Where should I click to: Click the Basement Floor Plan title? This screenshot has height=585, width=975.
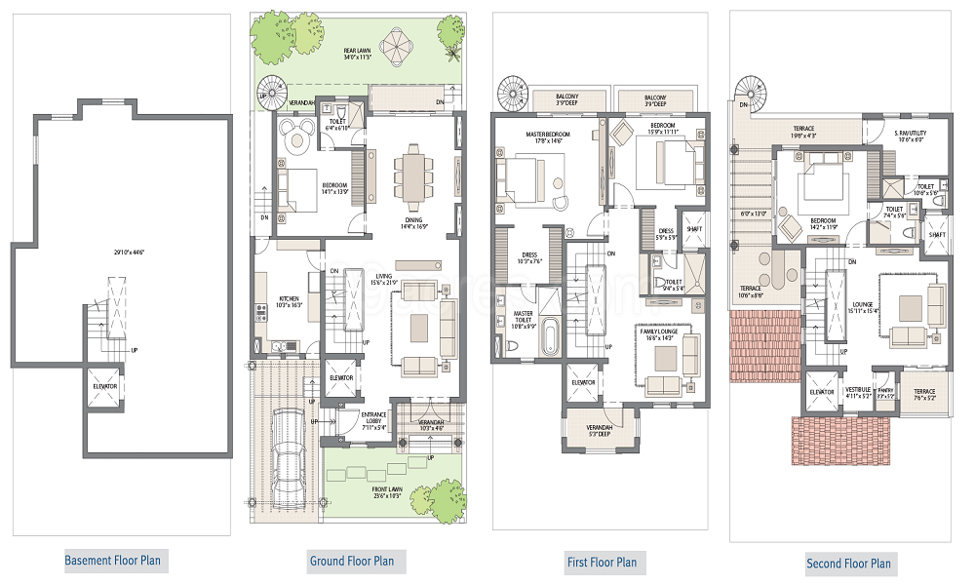pyautogui.click(x=113, y=561)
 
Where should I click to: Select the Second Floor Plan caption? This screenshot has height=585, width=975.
pyautogui.click(x=848, y=564)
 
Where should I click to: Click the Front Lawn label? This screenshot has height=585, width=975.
pyautogui.click(x=386, y=489)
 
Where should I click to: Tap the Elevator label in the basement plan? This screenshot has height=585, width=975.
pyautogui.click(x=104, y=386)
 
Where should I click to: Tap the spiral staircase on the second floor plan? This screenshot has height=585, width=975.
pyautogui.click(x=752, y=91)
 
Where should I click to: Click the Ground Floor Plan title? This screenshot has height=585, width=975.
pyautogui.click(x=352, y=561)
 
